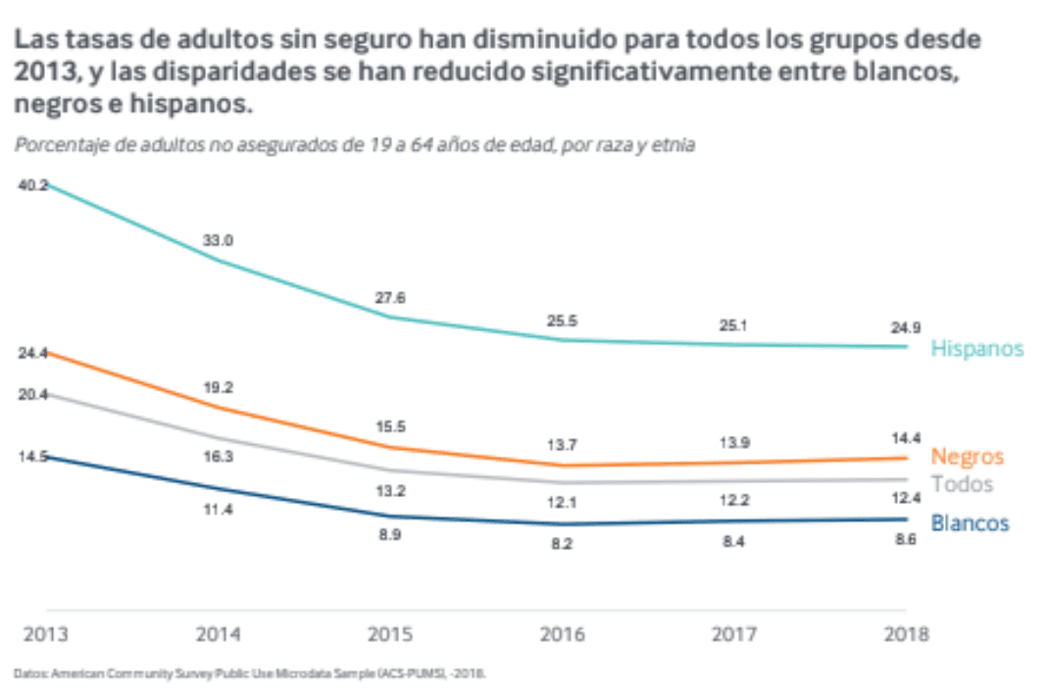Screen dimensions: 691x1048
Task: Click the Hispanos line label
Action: pyautogui.click(x=976, y=349)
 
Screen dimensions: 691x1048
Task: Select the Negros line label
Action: pyautogui.click(x=967, y=457)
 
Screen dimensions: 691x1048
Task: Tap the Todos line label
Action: pyautogui.click(x=962, y=484)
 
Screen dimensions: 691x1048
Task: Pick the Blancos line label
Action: pyautogui.click(x=970, y=523)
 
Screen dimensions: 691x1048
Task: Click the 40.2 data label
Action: pyautogui.click(x=33, y=185)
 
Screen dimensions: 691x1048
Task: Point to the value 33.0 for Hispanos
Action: pyautogui.click(x=218, y=240)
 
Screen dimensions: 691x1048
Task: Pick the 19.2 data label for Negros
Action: pyautogui.click(x=218, y=387)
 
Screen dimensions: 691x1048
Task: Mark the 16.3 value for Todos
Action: pyautogui.click(x=218, y=457)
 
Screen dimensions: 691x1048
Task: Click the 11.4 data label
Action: pyautogui.click(x=218, y=510)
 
